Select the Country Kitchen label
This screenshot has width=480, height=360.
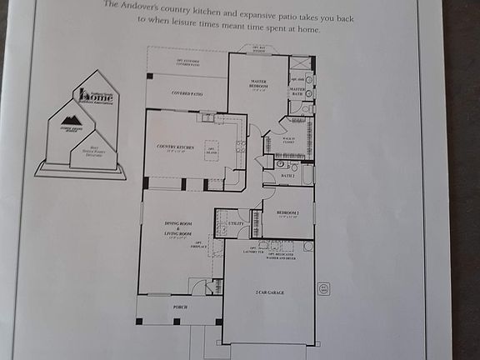point(175,147)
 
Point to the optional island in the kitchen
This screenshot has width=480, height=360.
point(212,152)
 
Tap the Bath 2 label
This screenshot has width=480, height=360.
point(287,177)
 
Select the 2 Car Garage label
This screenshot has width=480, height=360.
point(268,292)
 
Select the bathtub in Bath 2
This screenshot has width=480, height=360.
point(306,176)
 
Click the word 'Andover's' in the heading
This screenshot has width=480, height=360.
point(142,5)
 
